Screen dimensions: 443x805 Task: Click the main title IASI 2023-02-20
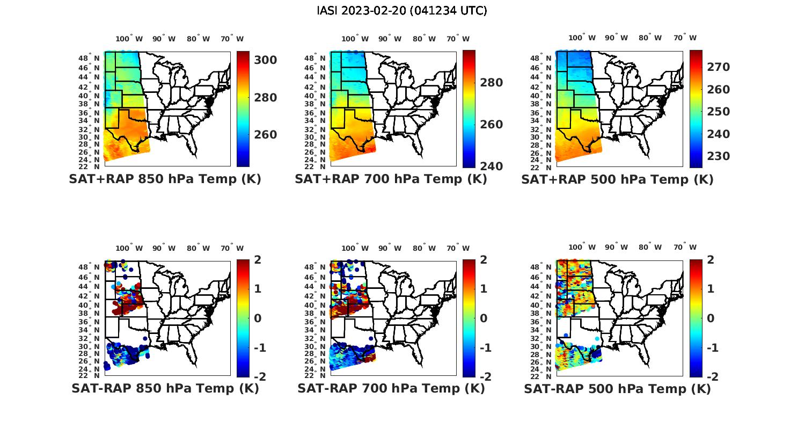402,11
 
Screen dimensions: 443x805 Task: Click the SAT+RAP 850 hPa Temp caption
165,179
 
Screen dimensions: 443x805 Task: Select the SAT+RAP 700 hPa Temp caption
391,179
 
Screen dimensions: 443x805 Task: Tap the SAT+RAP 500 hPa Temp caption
617,180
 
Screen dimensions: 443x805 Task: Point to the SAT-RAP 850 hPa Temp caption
165,389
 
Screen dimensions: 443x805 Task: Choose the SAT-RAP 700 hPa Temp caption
391,389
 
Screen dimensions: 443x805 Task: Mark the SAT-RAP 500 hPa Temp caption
617,389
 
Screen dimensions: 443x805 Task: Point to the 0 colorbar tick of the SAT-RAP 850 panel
258,318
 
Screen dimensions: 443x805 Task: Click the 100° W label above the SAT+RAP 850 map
129,39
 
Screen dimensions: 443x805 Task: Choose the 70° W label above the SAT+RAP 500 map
685,38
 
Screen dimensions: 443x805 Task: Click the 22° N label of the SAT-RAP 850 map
93,375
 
